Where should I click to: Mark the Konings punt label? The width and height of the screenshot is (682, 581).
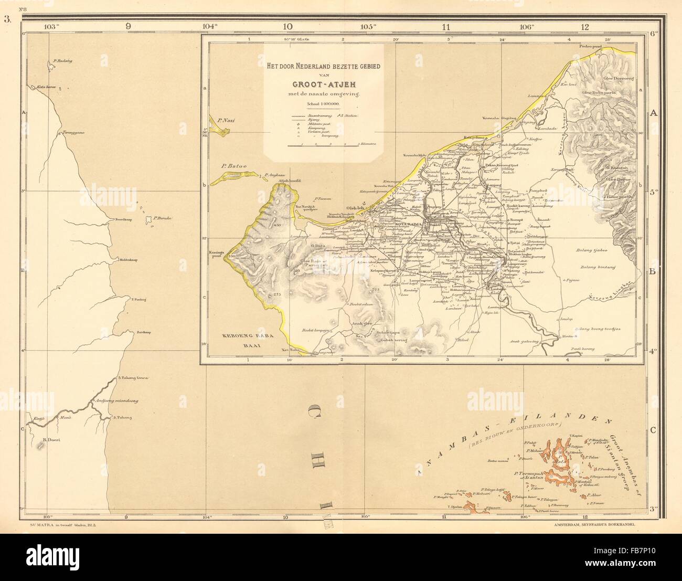[216, 255]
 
